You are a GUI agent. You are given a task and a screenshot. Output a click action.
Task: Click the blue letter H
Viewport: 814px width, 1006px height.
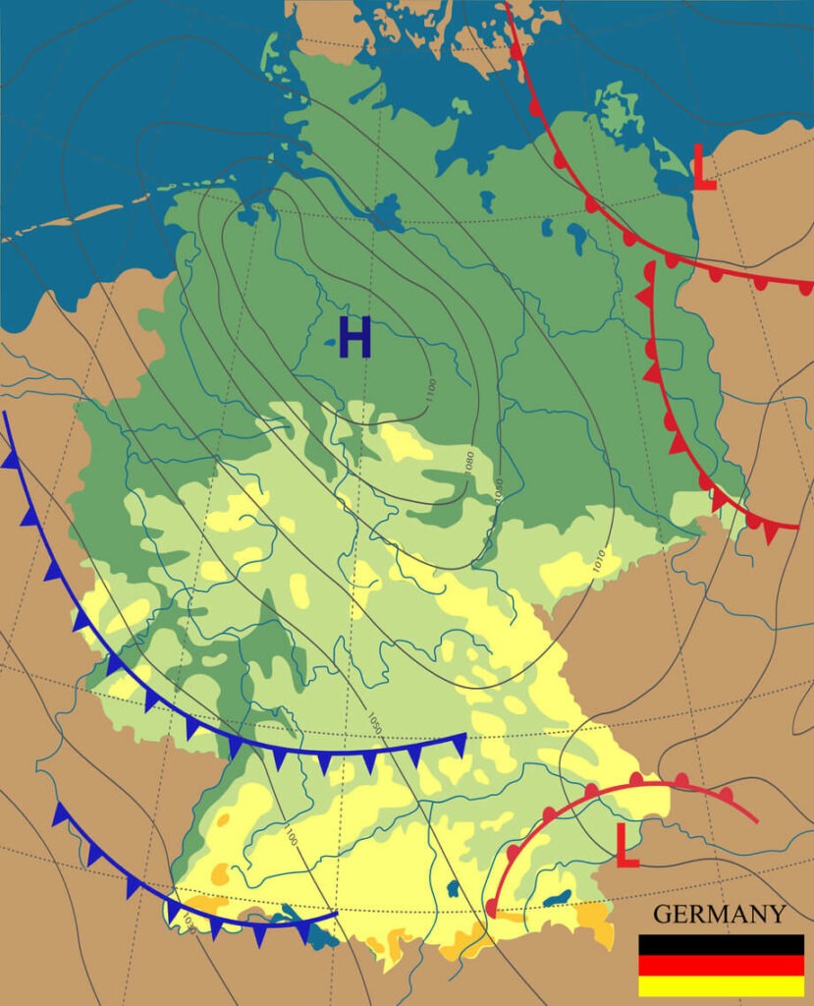point(354,338)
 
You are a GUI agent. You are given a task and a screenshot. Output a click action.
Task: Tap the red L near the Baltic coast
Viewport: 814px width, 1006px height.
point(703,168)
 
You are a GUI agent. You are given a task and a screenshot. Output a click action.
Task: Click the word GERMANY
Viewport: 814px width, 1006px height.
point(719,915)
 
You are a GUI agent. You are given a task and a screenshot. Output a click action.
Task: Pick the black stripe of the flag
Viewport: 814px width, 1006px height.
point(721,944)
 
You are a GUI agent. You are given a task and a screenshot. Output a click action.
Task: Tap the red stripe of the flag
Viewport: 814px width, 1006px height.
point(721,965)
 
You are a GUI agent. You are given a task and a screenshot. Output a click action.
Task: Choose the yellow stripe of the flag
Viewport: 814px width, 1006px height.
point(721,985)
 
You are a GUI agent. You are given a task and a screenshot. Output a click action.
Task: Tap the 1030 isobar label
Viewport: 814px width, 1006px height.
point(187,921)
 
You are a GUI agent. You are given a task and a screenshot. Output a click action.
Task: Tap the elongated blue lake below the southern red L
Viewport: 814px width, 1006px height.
point(558,898)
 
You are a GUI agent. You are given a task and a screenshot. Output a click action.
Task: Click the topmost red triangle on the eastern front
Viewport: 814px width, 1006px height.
point(645,295)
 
